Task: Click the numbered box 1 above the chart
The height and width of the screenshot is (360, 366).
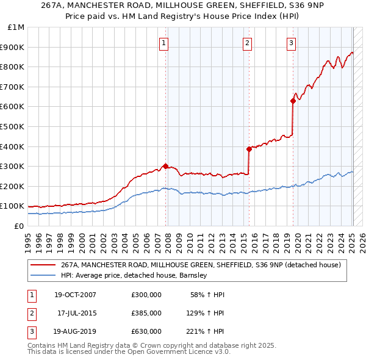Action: click(165, 43)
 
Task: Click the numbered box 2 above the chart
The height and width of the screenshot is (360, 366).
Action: click(248, 43)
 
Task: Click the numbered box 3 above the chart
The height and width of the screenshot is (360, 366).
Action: click(292, 43)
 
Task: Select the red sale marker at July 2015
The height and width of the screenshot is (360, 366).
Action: click(249, 149)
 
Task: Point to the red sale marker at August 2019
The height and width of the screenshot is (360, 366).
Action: click(293, 101)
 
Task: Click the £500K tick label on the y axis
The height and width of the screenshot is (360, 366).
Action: click(12, 126)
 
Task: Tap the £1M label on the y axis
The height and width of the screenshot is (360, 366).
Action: click(16, 27)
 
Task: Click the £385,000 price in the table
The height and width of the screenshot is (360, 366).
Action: click(146, 313)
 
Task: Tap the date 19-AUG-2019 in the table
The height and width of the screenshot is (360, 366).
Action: click(74, 331)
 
